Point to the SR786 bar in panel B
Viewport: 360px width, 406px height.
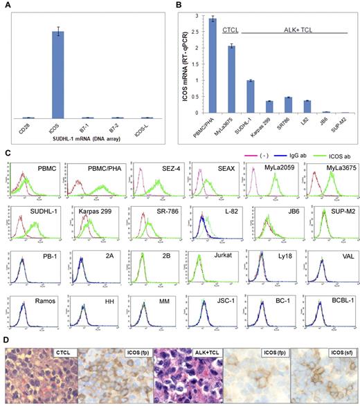[287, 104]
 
